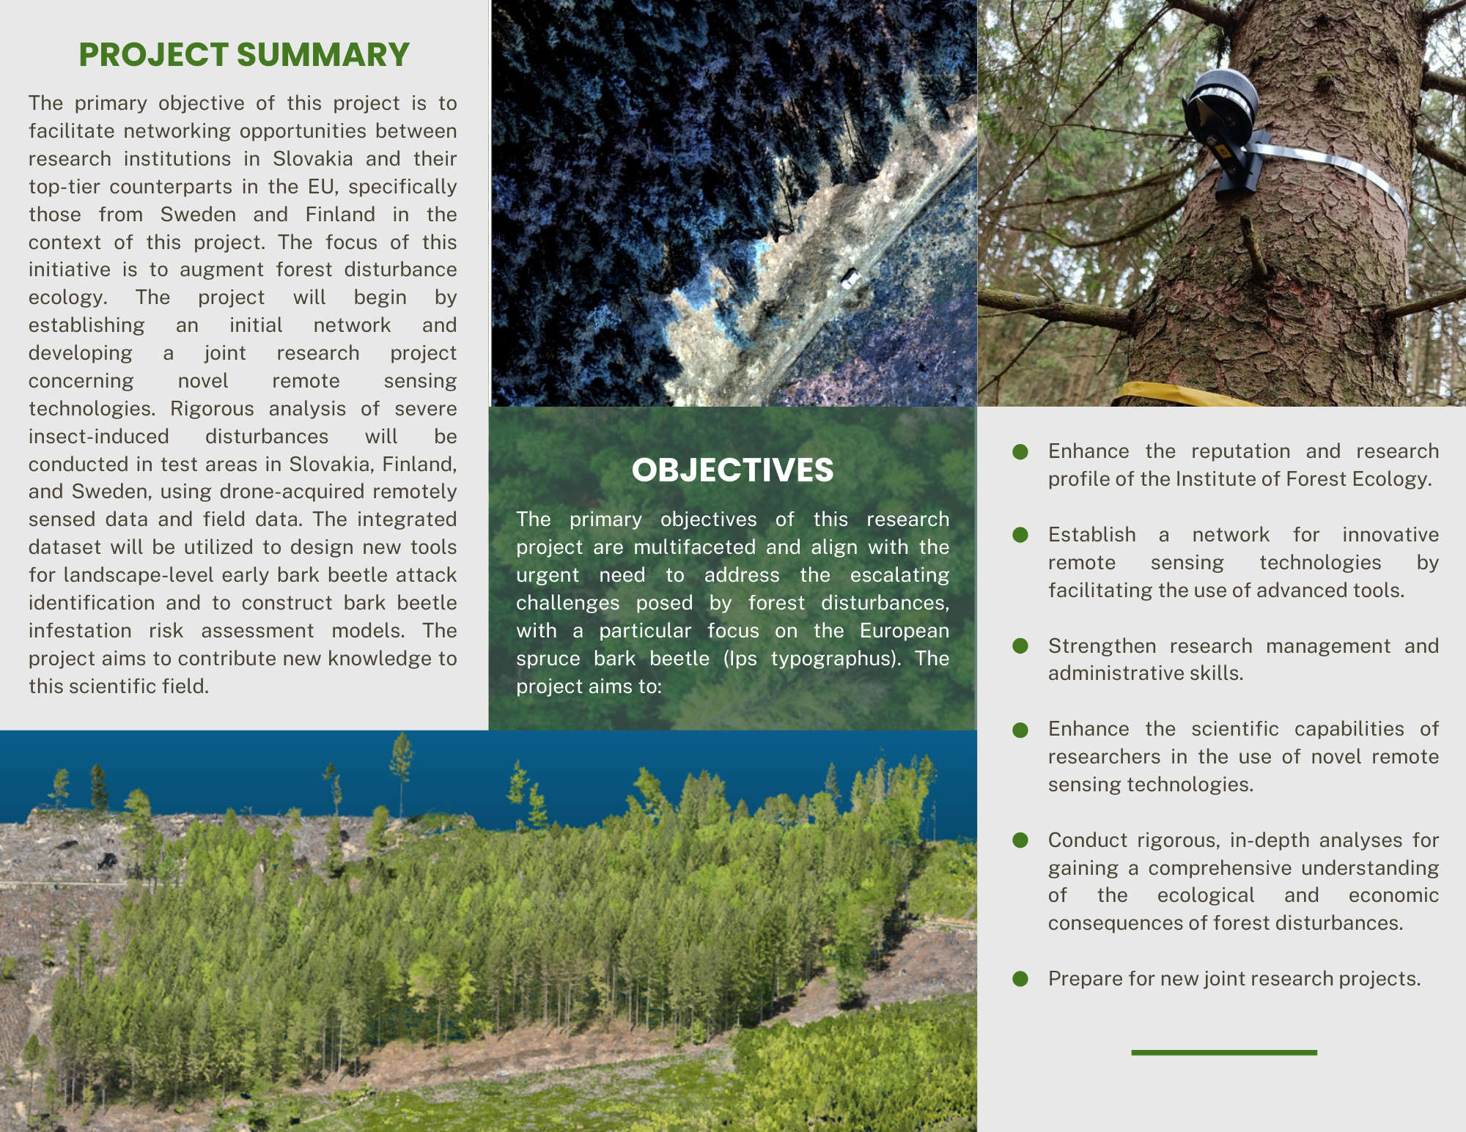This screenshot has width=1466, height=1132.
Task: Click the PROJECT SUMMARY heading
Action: coord(244,55)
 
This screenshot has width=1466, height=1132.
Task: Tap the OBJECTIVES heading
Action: coord(732,470)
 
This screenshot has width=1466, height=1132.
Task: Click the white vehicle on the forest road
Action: coord(850,278)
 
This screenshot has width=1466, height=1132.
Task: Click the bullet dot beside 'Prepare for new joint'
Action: coord(1020,979)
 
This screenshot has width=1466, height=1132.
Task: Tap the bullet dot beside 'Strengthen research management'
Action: coord(1020,645)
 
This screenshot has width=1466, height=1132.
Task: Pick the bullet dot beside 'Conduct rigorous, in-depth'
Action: coord(1020,840)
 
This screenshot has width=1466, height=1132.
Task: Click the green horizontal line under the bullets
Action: coord(1223,1053)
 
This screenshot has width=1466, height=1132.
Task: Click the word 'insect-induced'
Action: coord(99,436)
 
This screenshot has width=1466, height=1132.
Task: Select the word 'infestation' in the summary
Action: coord(81,630)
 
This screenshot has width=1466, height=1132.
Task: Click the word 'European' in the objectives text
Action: coord(904,630)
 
